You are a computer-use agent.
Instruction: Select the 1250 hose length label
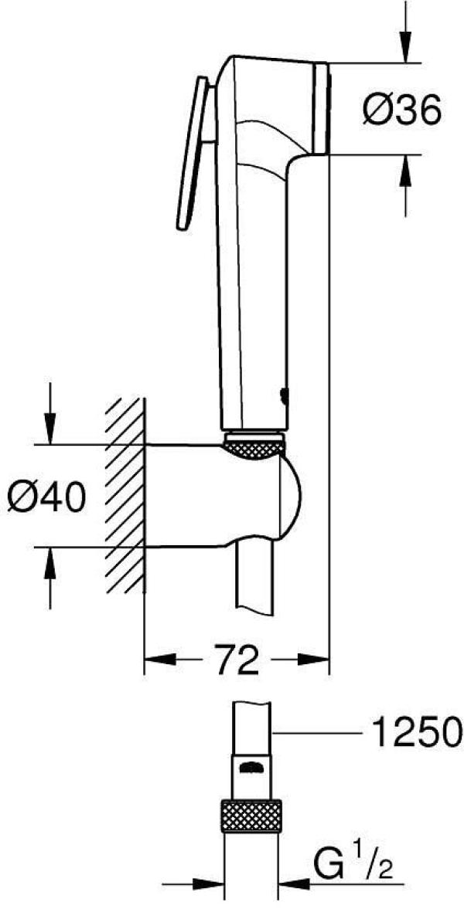point(417,730)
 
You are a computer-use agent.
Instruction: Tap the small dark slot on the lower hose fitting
point(253,767)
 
